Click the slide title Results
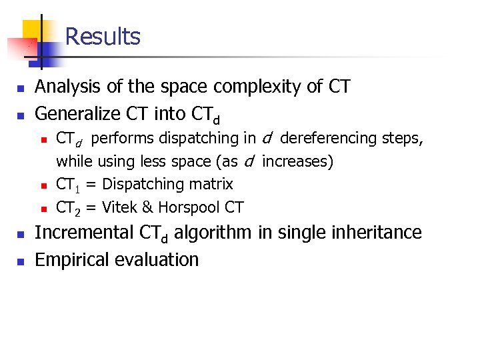click(103, 36)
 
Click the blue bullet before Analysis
click(21, 88)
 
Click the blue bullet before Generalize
click(21, 115)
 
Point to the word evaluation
click(157, 259)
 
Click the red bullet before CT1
click(42, 185)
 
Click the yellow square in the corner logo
click(32, 30)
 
